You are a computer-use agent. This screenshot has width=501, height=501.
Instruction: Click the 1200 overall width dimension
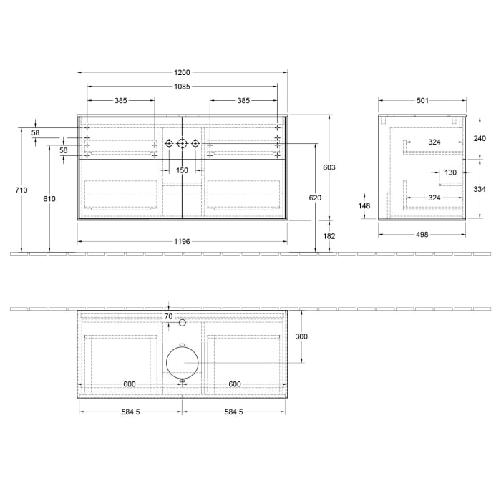click(182, 73)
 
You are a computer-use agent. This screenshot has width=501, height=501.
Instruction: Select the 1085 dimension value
click(182, 87)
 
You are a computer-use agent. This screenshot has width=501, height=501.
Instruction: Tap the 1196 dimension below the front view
click(182, 242)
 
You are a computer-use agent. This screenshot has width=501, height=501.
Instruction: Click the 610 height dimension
click(49, 198)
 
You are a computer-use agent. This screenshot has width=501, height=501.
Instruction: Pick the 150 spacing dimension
click(182, 170)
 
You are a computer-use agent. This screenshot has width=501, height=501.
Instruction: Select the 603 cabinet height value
click(329, 167)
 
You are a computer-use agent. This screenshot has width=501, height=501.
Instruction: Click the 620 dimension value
click(315, 198)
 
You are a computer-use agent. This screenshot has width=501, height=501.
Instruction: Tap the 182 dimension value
click(329, 235)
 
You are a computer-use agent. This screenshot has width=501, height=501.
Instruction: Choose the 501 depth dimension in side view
click(422, 101)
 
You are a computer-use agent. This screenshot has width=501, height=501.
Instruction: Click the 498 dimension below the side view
click(422, 235)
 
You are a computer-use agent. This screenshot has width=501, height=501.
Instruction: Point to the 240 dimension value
click(480, 138)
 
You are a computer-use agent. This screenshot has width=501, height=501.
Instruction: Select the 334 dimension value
click(480, 190)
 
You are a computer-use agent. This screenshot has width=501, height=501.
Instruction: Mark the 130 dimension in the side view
click(450, 172)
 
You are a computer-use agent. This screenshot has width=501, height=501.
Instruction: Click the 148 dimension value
click(365, 206)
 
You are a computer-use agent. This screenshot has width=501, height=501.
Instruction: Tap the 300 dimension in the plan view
click(301, 336)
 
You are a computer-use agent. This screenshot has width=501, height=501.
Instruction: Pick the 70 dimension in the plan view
click(168, 316)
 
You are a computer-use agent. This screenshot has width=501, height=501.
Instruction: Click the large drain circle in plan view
click(181, 362)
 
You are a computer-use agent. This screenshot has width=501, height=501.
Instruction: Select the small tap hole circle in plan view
click(182, 323)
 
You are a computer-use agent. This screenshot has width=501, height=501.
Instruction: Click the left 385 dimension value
click(120, 101)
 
